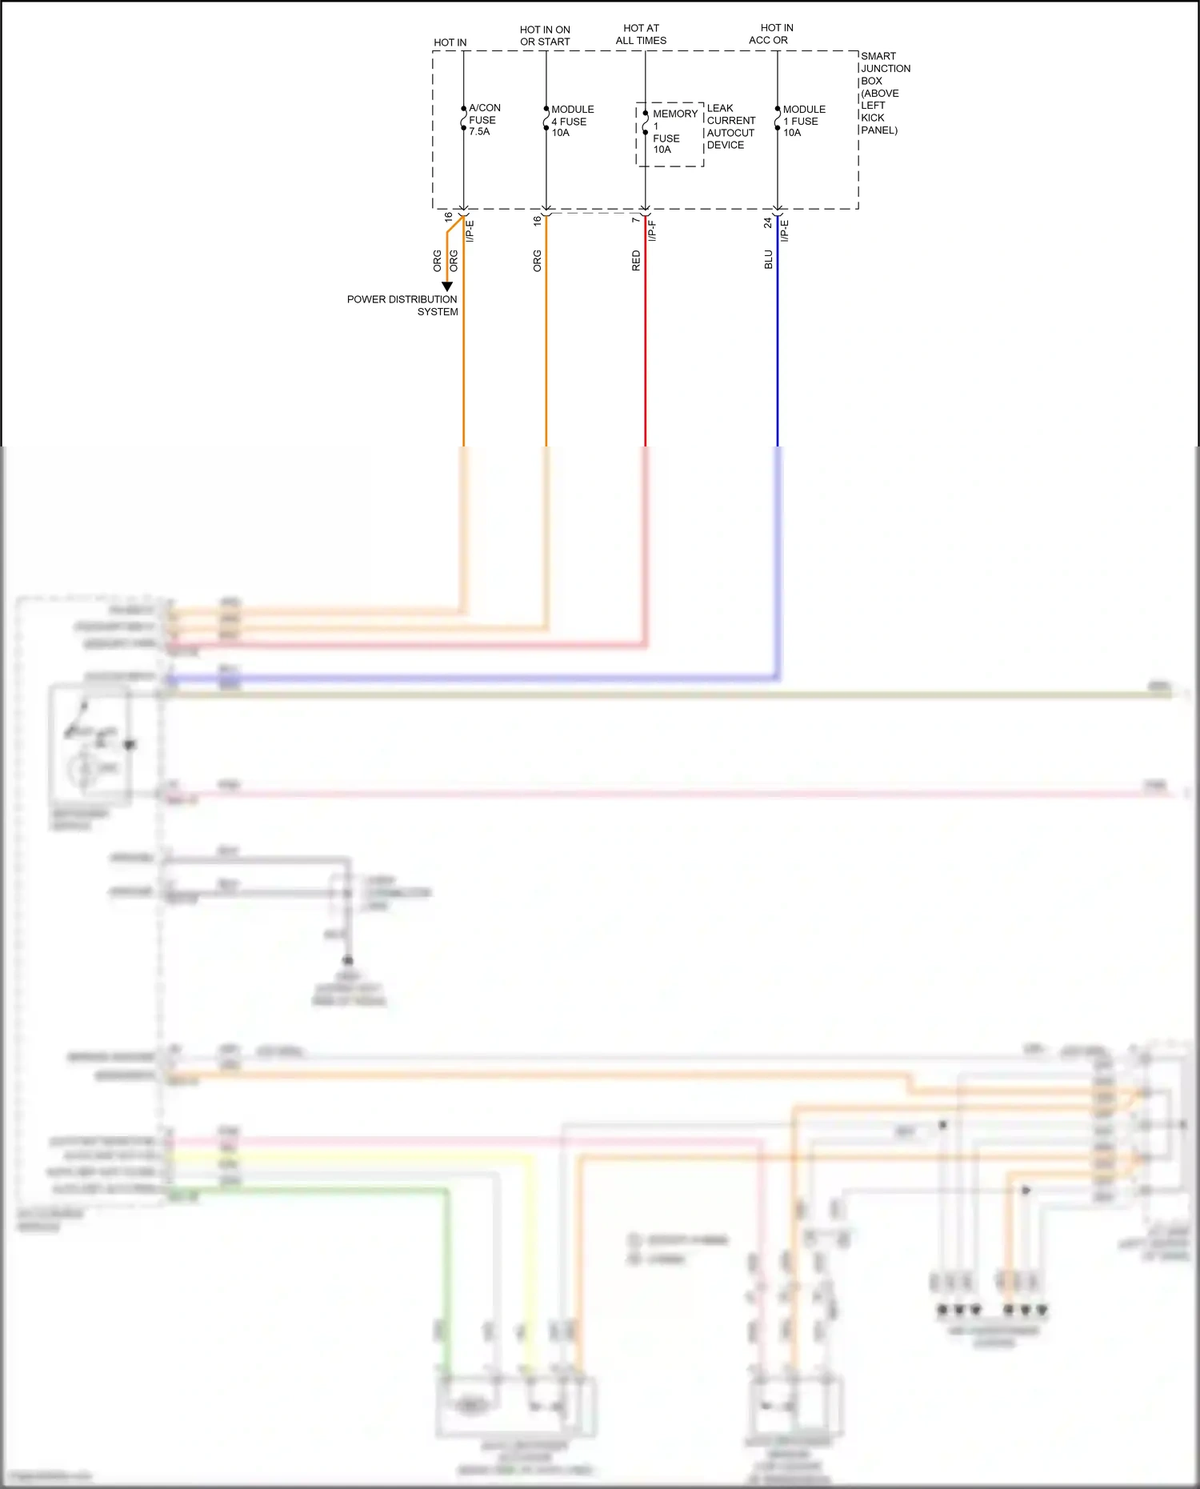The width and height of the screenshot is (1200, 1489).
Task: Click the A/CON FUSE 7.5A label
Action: [x=484, y=119]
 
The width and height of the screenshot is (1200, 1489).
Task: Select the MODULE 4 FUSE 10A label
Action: [x=571, y=121]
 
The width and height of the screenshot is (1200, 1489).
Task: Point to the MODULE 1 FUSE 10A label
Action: [x=803, y=121]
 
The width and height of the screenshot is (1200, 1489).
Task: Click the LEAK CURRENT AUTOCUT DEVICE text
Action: [x=730, y=126]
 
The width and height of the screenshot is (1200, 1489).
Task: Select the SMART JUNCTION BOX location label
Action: [x=883, y=93]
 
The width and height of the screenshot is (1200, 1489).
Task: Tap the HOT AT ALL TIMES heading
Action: [x=641, y=34]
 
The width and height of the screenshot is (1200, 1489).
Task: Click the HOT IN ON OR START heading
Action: [x=545, y=36]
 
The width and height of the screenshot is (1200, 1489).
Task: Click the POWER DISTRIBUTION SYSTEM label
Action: [x=402, y=305]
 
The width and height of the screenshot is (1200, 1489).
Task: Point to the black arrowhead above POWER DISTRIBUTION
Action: [x=447, y=286]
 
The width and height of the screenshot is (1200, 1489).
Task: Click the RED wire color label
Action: [x=636, y=261]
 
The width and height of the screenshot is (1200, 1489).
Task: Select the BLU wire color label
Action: [x=768, y=259]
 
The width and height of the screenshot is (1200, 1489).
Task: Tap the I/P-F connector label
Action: [x=652, y=230]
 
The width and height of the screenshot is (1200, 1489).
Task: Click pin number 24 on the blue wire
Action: [x=767, y=222]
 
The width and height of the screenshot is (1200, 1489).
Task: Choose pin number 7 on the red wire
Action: [x=635, y=219]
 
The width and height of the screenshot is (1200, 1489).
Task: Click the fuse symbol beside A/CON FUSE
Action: [x=463, y=118]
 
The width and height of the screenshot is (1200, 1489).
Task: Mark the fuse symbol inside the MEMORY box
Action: [x=645, y=122]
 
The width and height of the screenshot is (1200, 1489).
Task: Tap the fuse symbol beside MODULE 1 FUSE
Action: [x=777, y=118]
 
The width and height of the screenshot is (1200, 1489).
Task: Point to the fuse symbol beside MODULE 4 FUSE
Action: [x=546, y=118]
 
